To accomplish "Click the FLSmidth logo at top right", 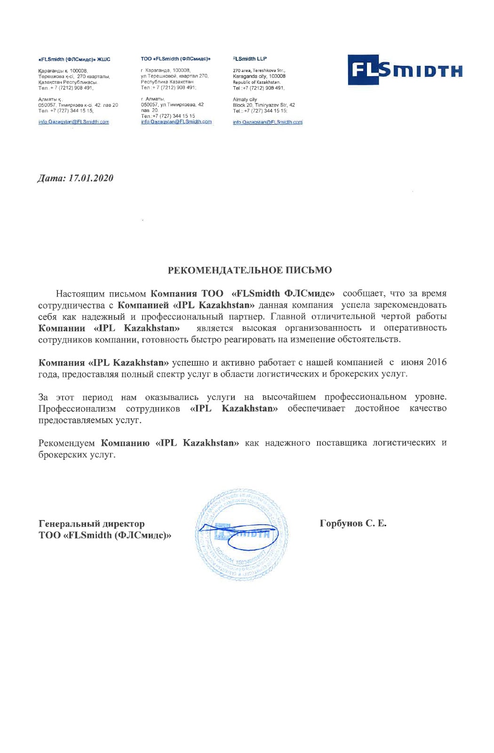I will [x=405, y=70].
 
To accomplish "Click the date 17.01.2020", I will [x=91, y=178].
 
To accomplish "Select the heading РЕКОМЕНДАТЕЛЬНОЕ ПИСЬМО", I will [x=250, y=270].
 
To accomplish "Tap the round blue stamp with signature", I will [x=241, y=535].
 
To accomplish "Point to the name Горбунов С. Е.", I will [x=353, y=523].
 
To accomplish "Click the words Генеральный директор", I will [x=91, y=524].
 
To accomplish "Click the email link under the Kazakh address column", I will [x=73, y=122].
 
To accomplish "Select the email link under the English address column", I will [x=267, y=122].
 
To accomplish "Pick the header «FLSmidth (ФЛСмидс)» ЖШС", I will [x=74, y=60].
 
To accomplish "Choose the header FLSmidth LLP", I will [x=250, y=59].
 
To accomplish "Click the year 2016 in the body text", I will [x=437, y=362].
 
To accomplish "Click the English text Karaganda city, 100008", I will [x=259, y=76].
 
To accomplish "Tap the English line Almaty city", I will [x=245, y=99].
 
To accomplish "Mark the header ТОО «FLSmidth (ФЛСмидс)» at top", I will [x=175, y=59].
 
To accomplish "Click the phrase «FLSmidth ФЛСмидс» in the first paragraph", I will [x=283, y=294].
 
